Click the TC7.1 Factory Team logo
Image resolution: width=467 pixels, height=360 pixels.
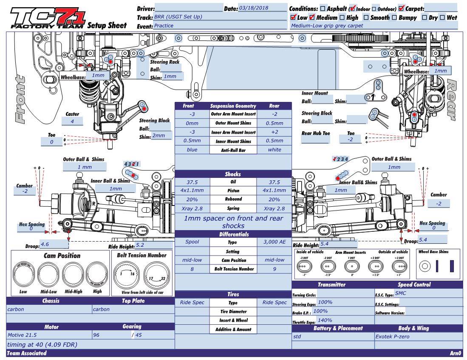[48, 18]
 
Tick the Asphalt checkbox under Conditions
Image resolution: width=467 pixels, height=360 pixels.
[323, 8]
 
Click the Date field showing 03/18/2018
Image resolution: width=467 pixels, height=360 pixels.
[262, 8]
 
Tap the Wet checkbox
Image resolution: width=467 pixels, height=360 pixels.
[442, 17]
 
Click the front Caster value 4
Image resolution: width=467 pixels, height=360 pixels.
[72, 121]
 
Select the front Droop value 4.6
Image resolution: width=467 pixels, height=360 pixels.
[54, 244]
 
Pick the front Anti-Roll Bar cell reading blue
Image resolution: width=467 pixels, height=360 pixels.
[192, 150]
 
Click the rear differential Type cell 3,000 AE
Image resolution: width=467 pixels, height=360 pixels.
[274, 242]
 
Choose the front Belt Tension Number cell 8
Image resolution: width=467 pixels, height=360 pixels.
[192, 269]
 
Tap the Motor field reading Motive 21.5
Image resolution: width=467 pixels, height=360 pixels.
[49, 335]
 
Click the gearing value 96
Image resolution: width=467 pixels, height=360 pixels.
[111, 335]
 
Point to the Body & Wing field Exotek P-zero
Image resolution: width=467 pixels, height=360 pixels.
[419, 336]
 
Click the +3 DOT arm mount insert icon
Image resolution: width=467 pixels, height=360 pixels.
[400, 266]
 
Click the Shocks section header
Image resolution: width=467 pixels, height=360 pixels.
[233, 174]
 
